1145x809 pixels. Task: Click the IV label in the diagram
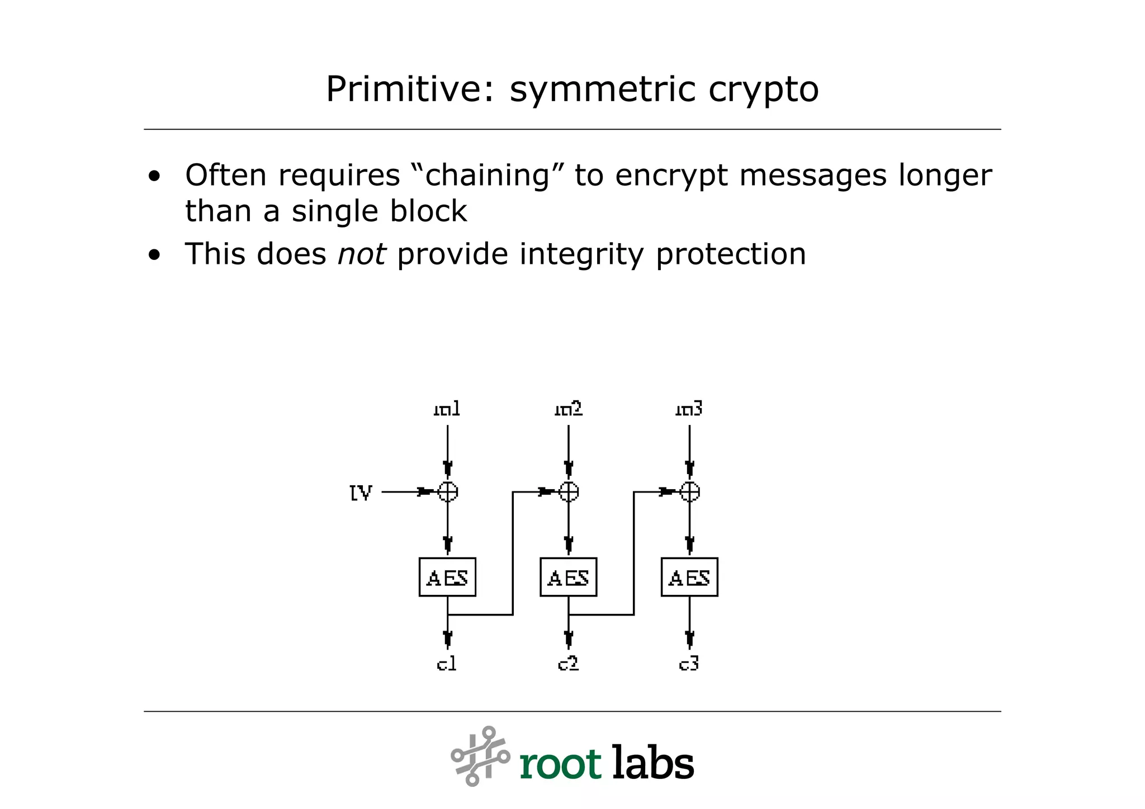tap(361, 493)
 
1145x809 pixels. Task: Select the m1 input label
tap(447, 409)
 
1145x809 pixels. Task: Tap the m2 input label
tap(568, 409)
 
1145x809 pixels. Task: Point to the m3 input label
tap(689, 409)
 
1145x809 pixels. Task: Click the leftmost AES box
tap(447, 577)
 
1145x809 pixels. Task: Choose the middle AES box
tap(568, 577)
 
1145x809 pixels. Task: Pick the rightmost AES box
tap(689, 577)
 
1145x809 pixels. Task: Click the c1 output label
tap(447, 664)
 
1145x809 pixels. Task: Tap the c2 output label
tap(568, 664)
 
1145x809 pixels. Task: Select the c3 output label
tap(689, 664)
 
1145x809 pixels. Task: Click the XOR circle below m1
tap(448, 492)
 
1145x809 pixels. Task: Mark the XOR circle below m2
tap(569, 492)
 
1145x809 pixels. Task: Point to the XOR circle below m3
tap(690, 492)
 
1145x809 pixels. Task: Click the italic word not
tap(361, 254)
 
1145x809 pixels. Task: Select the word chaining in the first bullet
tap(488, 176)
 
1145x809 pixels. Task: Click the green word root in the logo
tap(560, 764)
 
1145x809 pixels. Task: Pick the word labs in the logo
tap(653, 763)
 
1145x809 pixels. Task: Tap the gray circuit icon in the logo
tap(480, 756)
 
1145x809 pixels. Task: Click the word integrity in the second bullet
tap(581, 254)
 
